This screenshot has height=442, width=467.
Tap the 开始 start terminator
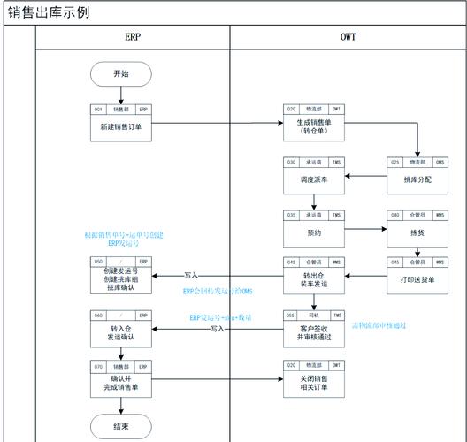(x=120, y=74)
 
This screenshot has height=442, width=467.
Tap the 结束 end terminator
(x=120, y=426)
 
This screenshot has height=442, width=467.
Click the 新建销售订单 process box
(x=120, y=126)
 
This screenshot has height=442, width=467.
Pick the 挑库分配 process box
(x=417, y=178)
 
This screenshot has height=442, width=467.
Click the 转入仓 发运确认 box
(x=120, y=331)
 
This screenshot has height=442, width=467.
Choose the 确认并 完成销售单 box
(x=120, y=382)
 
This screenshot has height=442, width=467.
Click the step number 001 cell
(x=98, y=109)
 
